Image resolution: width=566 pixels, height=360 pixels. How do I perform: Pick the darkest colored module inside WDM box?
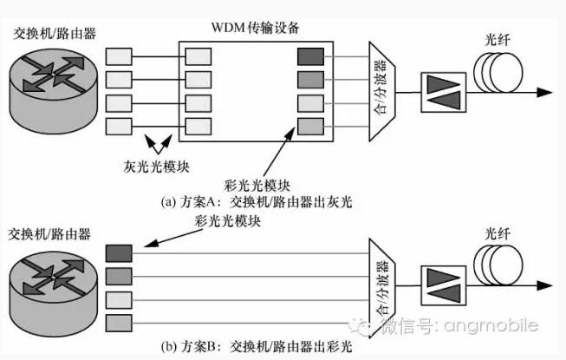coord(309,57)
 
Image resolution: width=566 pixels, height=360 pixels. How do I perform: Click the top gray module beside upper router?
coord(119,57)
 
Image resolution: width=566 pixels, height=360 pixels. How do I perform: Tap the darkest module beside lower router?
coord(119,252)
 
